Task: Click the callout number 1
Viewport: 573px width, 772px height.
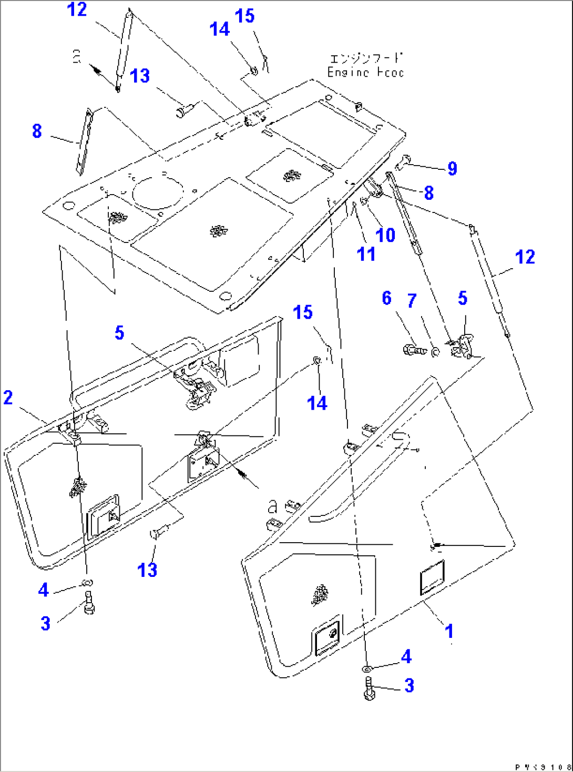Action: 449,631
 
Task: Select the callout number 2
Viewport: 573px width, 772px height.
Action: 8,398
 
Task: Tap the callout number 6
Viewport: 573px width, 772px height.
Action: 387,298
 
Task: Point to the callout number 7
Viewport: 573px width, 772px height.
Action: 412,301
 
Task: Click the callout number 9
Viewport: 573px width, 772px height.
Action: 452,168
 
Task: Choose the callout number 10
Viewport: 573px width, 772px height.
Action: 385,235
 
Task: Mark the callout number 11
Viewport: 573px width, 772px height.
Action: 366,254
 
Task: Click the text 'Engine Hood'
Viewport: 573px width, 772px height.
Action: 365,72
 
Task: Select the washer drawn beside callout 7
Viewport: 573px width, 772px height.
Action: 435,351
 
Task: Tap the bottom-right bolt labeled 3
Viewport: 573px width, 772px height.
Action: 369,688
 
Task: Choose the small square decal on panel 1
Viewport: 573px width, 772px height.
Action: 432,577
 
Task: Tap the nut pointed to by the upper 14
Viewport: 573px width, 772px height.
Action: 253,70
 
